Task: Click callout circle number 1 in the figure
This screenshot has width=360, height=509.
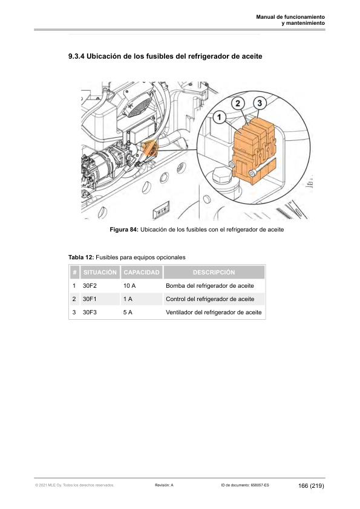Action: (x=219, y=117)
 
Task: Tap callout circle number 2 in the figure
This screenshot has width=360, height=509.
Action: (x=238, y=103)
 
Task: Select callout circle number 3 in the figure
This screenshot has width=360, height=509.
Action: (x=260, y=103)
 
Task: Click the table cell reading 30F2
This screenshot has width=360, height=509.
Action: (x=90, y=286)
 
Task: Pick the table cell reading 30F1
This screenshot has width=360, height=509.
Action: (x=90, y=299)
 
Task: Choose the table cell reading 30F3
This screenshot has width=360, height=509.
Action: (x=90, y=313)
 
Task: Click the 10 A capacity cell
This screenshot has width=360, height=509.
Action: (x=129, y=286)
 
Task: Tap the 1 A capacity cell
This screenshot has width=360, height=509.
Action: (x=128, y=299)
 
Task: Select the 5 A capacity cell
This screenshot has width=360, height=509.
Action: (x=128, y=313)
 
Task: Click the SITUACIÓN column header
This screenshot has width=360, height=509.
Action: (x=100, y=273)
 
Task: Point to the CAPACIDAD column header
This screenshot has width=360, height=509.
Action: (x=142, y=273)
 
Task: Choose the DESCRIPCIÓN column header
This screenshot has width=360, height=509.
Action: (x=214, y=273)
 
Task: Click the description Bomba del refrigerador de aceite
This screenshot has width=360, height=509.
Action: (x=210, y=286)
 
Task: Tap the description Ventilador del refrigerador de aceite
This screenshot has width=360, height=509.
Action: (x=214, y=313)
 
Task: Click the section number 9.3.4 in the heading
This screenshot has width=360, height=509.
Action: (x=76, y=56)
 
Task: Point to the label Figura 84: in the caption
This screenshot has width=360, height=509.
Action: (x=124, y=230)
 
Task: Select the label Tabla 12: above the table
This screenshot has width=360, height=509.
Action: (x=81, y=258)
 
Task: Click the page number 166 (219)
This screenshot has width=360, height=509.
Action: (x=311, y=485)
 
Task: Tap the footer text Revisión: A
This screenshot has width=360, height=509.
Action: (x=164, y=485)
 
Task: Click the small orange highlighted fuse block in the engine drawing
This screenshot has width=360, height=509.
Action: (x=150, y=148)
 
